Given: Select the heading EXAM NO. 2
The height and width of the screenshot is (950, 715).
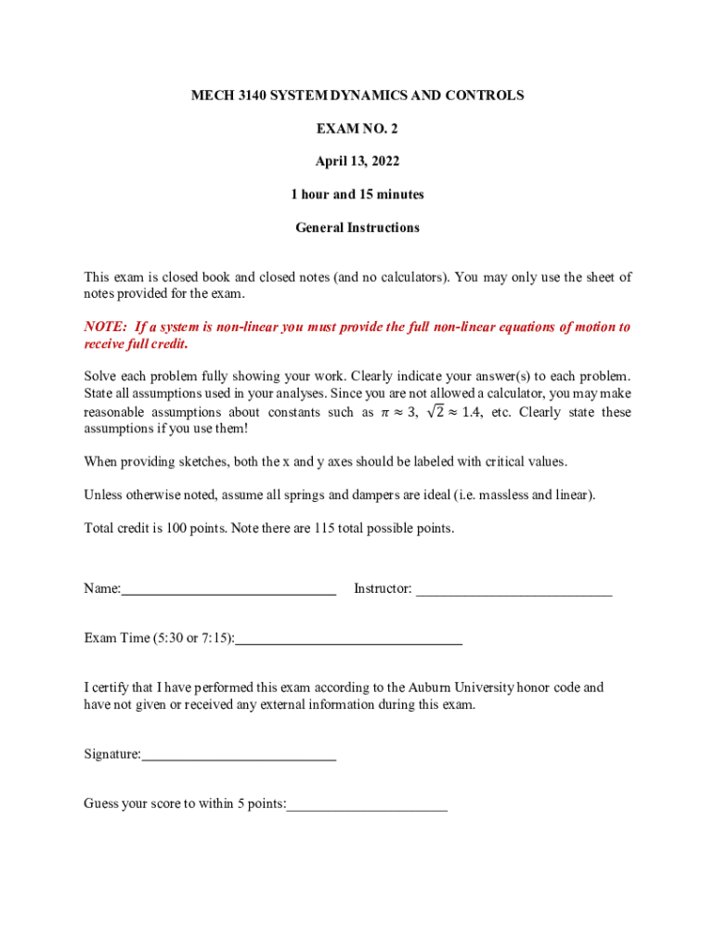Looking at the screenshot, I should click(357, 129).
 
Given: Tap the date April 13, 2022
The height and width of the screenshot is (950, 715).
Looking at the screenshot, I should click(357, 161).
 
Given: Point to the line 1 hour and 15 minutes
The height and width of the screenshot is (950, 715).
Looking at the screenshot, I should click(357, 195).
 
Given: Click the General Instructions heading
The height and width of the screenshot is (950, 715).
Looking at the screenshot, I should click(357, 227).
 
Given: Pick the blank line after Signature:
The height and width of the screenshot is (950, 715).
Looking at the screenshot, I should click(239, 756).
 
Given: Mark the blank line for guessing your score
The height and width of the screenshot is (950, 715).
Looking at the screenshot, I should click(367, 806).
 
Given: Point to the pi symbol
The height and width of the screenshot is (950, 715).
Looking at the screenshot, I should click(385, 413).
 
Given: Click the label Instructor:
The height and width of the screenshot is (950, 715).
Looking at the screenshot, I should click(383, 589).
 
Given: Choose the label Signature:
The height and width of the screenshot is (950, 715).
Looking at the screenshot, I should click(112, 755).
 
